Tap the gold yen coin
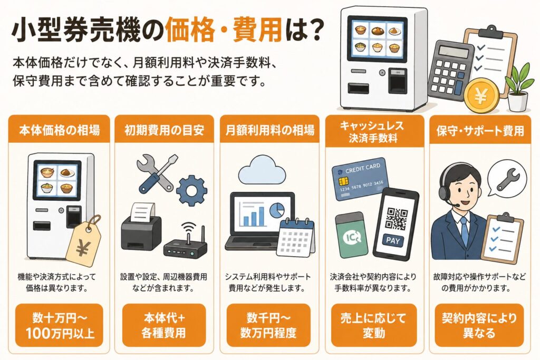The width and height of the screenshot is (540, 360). (481, 95)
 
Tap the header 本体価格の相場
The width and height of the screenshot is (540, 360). (59, 130)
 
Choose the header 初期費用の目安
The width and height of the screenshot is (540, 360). (165, 130)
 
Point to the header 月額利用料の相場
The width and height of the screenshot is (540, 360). (269, 130)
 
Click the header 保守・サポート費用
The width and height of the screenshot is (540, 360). (480, 131)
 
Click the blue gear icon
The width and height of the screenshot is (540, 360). (192, 191)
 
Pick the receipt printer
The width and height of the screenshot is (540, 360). (141, 227)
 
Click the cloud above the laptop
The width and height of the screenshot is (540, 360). (262, 170)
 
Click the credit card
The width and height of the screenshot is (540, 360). (360, 179)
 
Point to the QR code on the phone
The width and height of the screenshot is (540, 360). (397, 219)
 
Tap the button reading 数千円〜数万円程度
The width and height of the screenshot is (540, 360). (268, 325)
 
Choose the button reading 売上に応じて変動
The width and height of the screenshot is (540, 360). (374, 325)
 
